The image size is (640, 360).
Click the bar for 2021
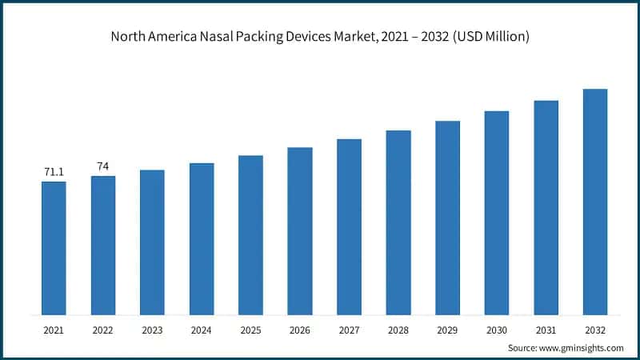pos(54,247)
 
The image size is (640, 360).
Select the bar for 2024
pos(202,238)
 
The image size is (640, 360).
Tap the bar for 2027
pos(349,226)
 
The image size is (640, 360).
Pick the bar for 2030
pos(497,212)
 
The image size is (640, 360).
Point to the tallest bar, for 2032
pos(595,201)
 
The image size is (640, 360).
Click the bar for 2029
pos(447,217)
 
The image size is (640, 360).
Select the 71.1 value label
pos(54,172)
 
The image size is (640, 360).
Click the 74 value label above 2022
pos(103,166)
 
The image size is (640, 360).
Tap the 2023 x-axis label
pos(152,329)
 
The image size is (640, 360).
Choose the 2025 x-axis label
pos(250,329)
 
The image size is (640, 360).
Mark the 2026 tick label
pos(300,329)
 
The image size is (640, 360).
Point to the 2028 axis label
pos(398,329)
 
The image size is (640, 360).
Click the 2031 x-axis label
pos(546,329)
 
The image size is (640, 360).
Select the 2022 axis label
pos(103,329)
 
